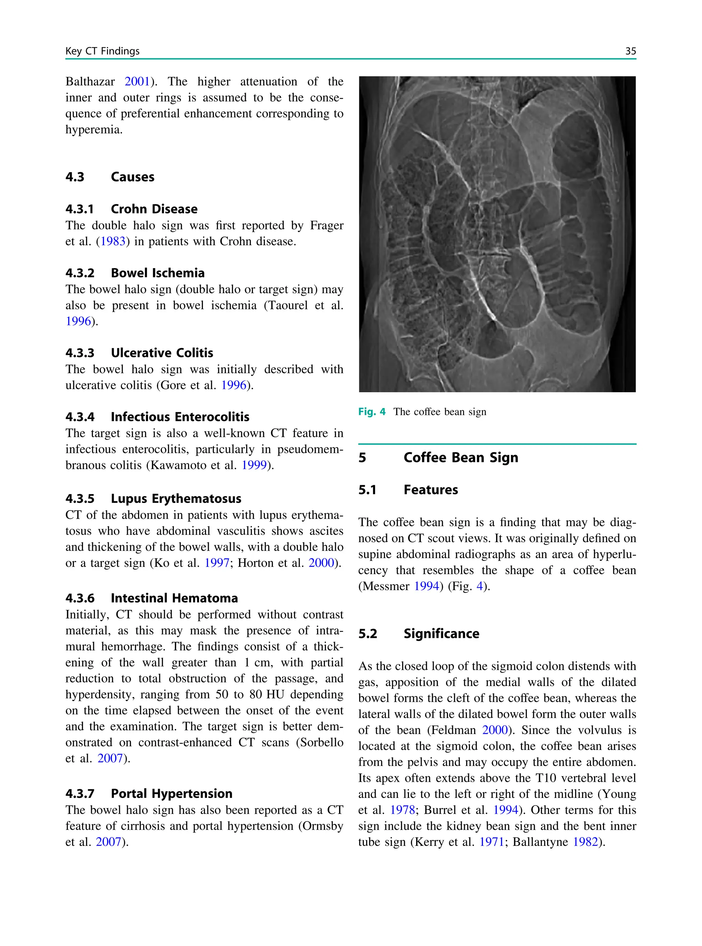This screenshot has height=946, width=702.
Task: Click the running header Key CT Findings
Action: [102, 51]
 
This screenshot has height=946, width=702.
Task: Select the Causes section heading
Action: [132, 177]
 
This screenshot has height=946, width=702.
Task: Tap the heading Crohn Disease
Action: [154, 209]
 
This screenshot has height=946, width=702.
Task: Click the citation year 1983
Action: [113, 241]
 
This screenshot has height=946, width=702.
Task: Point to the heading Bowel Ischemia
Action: [157, 273]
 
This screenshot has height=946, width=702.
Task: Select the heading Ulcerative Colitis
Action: [161, 353]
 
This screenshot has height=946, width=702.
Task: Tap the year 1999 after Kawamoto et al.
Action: [254, 465]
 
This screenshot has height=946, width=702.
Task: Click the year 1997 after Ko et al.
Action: [217, 563]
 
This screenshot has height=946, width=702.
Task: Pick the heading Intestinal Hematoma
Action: [174, 598]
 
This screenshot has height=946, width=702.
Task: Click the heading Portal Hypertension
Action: [171, 793]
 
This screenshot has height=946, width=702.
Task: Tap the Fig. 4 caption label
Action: [372, 411]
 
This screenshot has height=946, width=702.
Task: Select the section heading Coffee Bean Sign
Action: [461, 457]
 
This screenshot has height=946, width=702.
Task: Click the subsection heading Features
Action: [431, 490]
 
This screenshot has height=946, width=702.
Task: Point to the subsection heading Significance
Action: [441, 634]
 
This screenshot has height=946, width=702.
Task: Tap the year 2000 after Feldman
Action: [495, 730]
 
